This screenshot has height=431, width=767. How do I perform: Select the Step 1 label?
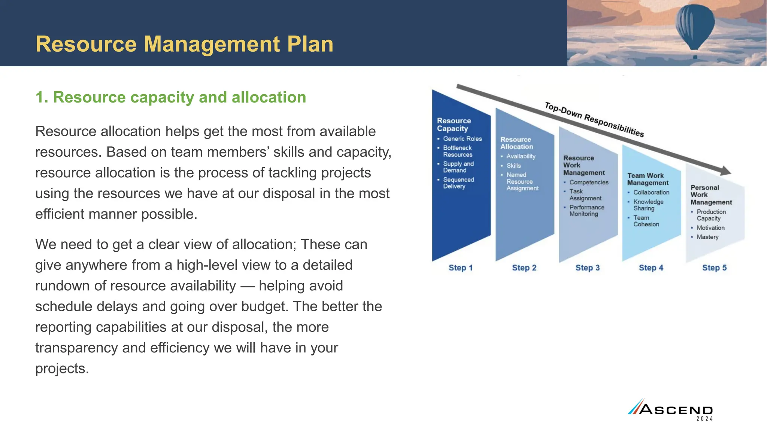coord(461,268)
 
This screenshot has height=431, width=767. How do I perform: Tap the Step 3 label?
coord(587,268)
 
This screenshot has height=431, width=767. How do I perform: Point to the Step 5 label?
coord(714,268)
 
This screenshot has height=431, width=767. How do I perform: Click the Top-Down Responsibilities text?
coord(594,120)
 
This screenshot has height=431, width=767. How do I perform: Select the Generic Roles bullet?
coord(462,139)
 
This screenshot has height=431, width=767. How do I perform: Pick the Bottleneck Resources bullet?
coord(458,151)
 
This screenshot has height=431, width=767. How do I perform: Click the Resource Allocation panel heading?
coord(516,143)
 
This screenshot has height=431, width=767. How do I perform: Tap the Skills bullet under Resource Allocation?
coord(513,166)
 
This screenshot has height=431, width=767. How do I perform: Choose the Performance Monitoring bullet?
coord(586,211)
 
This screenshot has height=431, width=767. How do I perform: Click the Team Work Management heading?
coord(648,179)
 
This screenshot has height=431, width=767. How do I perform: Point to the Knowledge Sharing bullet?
coord(648,205)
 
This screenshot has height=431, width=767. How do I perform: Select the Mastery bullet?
coord(707,237)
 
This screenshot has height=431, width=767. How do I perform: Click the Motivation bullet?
coord(710,228)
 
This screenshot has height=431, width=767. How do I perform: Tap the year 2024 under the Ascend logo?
coord(704,419)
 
